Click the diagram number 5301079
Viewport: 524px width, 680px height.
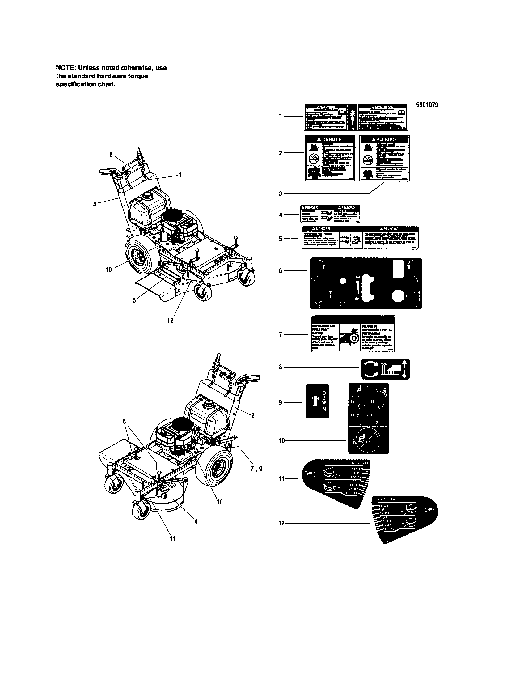pyautogui.click(x=427, y=105)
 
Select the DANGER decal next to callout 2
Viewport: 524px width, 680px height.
pyautogui.click(x=330, y=158)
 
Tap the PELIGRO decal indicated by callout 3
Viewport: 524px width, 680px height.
pyautogui.click(x=384, y=158)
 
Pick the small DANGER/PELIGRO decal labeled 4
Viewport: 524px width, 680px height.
pyautogui.click(x=330, y=214)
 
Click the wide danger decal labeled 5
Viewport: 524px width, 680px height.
pyautogui.click(x=360, y=238)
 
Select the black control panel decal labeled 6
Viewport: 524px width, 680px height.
pyautogui.click(x=366, y=283)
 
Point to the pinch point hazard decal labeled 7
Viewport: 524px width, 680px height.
pyautogui.click(x=353, y=334)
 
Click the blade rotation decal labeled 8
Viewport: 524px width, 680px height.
pyautogui.click(x=385, y=369)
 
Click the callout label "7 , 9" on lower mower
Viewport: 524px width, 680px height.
pyautogui.click(x=256, y=468)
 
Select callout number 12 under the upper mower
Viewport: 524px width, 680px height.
pyautogui.click(x=170, y=320)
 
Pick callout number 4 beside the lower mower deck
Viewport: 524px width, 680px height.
pyautogui.click(x=196, y=521)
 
